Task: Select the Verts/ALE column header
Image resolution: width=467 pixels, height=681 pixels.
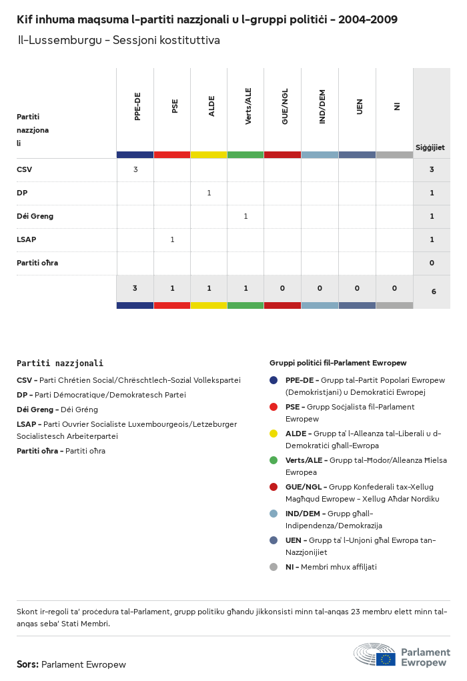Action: coord(248,107)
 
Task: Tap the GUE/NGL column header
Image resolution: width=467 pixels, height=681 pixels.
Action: coord(285,107)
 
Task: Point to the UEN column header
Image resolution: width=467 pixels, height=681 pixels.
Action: coord(360,107)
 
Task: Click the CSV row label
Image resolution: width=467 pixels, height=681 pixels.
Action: coord(25,169)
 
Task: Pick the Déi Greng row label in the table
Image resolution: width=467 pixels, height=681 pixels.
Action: coord(35,216)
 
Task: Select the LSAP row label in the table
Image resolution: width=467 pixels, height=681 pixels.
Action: coord(27,239)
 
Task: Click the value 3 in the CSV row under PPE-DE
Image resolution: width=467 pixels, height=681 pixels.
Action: coord(135,169)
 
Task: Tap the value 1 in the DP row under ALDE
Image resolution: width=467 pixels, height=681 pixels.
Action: coord(209,193)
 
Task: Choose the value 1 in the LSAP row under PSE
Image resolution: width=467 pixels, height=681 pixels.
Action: coord(172,239)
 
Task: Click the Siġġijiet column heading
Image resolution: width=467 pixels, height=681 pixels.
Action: coord(430,147)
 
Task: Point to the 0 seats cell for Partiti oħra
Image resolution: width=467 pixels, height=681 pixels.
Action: coord(432,263)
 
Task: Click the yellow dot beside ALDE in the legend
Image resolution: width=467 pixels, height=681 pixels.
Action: coord(274,434)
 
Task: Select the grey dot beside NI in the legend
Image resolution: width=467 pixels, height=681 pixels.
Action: coord(274,567)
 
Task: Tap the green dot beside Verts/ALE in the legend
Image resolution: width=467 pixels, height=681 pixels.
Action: coord(274,460)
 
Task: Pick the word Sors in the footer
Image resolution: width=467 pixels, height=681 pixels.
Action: coord(27,664)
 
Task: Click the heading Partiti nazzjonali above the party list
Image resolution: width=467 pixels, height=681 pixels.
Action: coord(60,364)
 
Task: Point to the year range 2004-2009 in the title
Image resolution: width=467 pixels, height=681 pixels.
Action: coord(368,20)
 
